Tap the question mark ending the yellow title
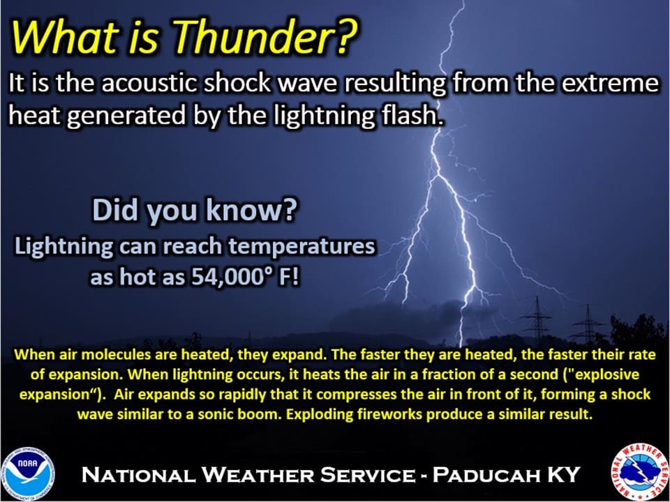click(347, 35)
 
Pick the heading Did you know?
click(195, 211)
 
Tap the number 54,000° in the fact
click(232, 277)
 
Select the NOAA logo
click(27, 473)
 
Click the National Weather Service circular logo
click(640, 472)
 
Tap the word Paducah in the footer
click(482, 475)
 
